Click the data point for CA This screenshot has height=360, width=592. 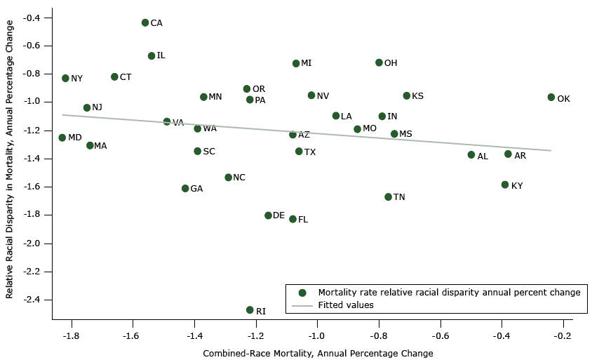pyautogui.click(x=145, y=22)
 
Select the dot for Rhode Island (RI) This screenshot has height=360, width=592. pyautogui.click(x=250, y=310)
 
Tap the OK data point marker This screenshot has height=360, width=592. pyautogui.click(x=551, y=98)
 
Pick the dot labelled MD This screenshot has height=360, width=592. pyautogui.click(x=62, y=138)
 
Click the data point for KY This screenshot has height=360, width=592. pyautogui.click(x=505, y=185)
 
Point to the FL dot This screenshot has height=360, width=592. pyautogui.click(x=292, y=219)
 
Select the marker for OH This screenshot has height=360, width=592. pyautogui.click(x=379, y=62)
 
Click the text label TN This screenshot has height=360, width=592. pyautogui.click(x=399, y=197)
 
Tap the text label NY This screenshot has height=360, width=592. pyautogui.click(x=76, y=79)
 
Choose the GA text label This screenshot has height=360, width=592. pyautogui.click(x=196, y=189)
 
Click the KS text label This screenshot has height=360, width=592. pyautogui.click(x=417, y=96)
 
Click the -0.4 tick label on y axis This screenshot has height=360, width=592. pyautogui.click(x=33, y=18)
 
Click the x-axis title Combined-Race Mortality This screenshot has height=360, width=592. pyautogui.click(x=318, y=353)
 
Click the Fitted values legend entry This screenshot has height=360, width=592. pyautogui.click(x=346, y=305)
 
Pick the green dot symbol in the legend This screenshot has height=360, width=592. pyautogui.click(x=302, y=293)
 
